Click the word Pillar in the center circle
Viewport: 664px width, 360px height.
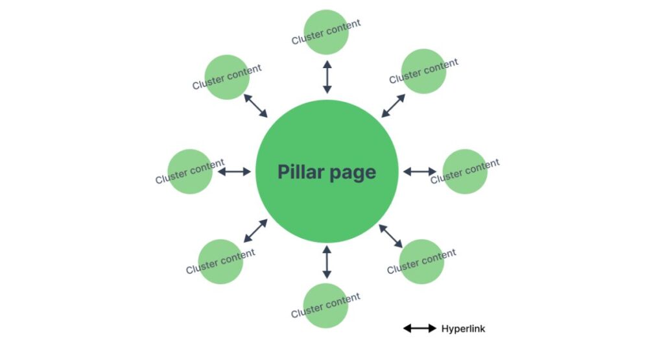coord(300,172)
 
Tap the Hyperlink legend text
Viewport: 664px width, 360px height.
coord(463,328)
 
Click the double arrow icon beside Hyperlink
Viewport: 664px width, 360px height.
coord(420,328)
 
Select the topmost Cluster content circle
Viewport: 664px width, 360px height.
coord(327,32)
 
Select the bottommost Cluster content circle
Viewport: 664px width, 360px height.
coord(326,306)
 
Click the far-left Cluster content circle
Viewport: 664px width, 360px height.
coord(190,171)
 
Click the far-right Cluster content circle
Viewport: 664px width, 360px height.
coord(465,171)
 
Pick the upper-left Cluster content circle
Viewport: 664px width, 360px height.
coord(227,77)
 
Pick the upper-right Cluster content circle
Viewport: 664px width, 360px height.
coord(424,71)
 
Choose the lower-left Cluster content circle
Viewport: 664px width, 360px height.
coord(220,261)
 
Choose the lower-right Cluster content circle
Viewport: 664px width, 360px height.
coord(421,261)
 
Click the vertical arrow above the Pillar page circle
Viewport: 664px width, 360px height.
coord(327,77)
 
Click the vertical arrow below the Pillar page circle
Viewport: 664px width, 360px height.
coord(327,261)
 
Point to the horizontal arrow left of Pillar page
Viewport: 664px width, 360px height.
coord(233,171)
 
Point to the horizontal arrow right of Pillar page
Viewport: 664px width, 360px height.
coord(420,171)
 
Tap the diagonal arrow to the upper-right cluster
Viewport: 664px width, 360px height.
coord(393,106)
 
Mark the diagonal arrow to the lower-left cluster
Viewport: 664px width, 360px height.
coord(255,231)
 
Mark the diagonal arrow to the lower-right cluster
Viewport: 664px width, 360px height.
coord(391,236)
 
